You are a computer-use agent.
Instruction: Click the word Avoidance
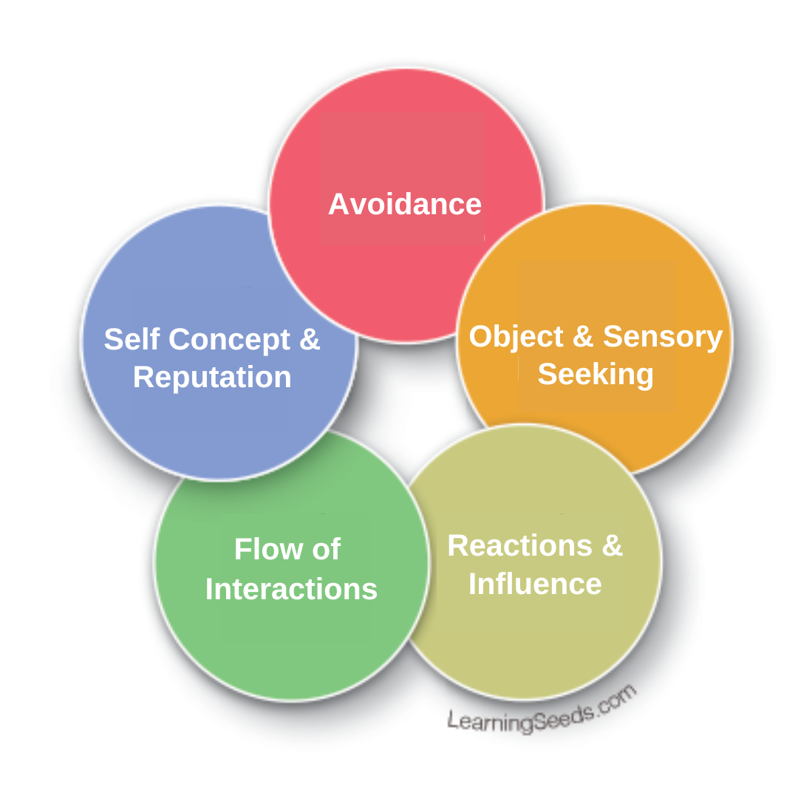405,205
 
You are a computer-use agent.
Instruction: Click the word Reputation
212,378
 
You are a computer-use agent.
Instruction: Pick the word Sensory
663,336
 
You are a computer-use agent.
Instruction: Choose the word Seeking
596,374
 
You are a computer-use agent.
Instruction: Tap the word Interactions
291,590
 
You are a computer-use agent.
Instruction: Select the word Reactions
519,546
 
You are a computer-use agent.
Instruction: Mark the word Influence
535,584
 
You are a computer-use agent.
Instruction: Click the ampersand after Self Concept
310,339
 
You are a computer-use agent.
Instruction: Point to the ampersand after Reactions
612,546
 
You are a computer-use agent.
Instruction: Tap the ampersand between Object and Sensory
583,336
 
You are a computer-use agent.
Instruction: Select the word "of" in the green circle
325,550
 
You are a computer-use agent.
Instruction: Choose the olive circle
562,643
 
